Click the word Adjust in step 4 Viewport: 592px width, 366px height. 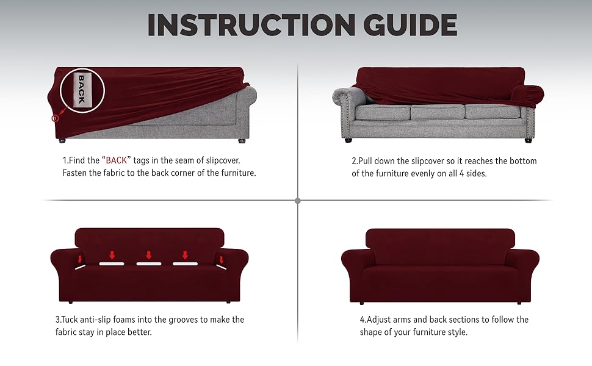(x=381, y=320)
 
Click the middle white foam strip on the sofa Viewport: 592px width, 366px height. (x=148, y=264)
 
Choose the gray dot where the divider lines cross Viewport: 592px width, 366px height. (x=297, y=200)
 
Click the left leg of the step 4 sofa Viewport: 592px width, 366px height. (x=362, y=302)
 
